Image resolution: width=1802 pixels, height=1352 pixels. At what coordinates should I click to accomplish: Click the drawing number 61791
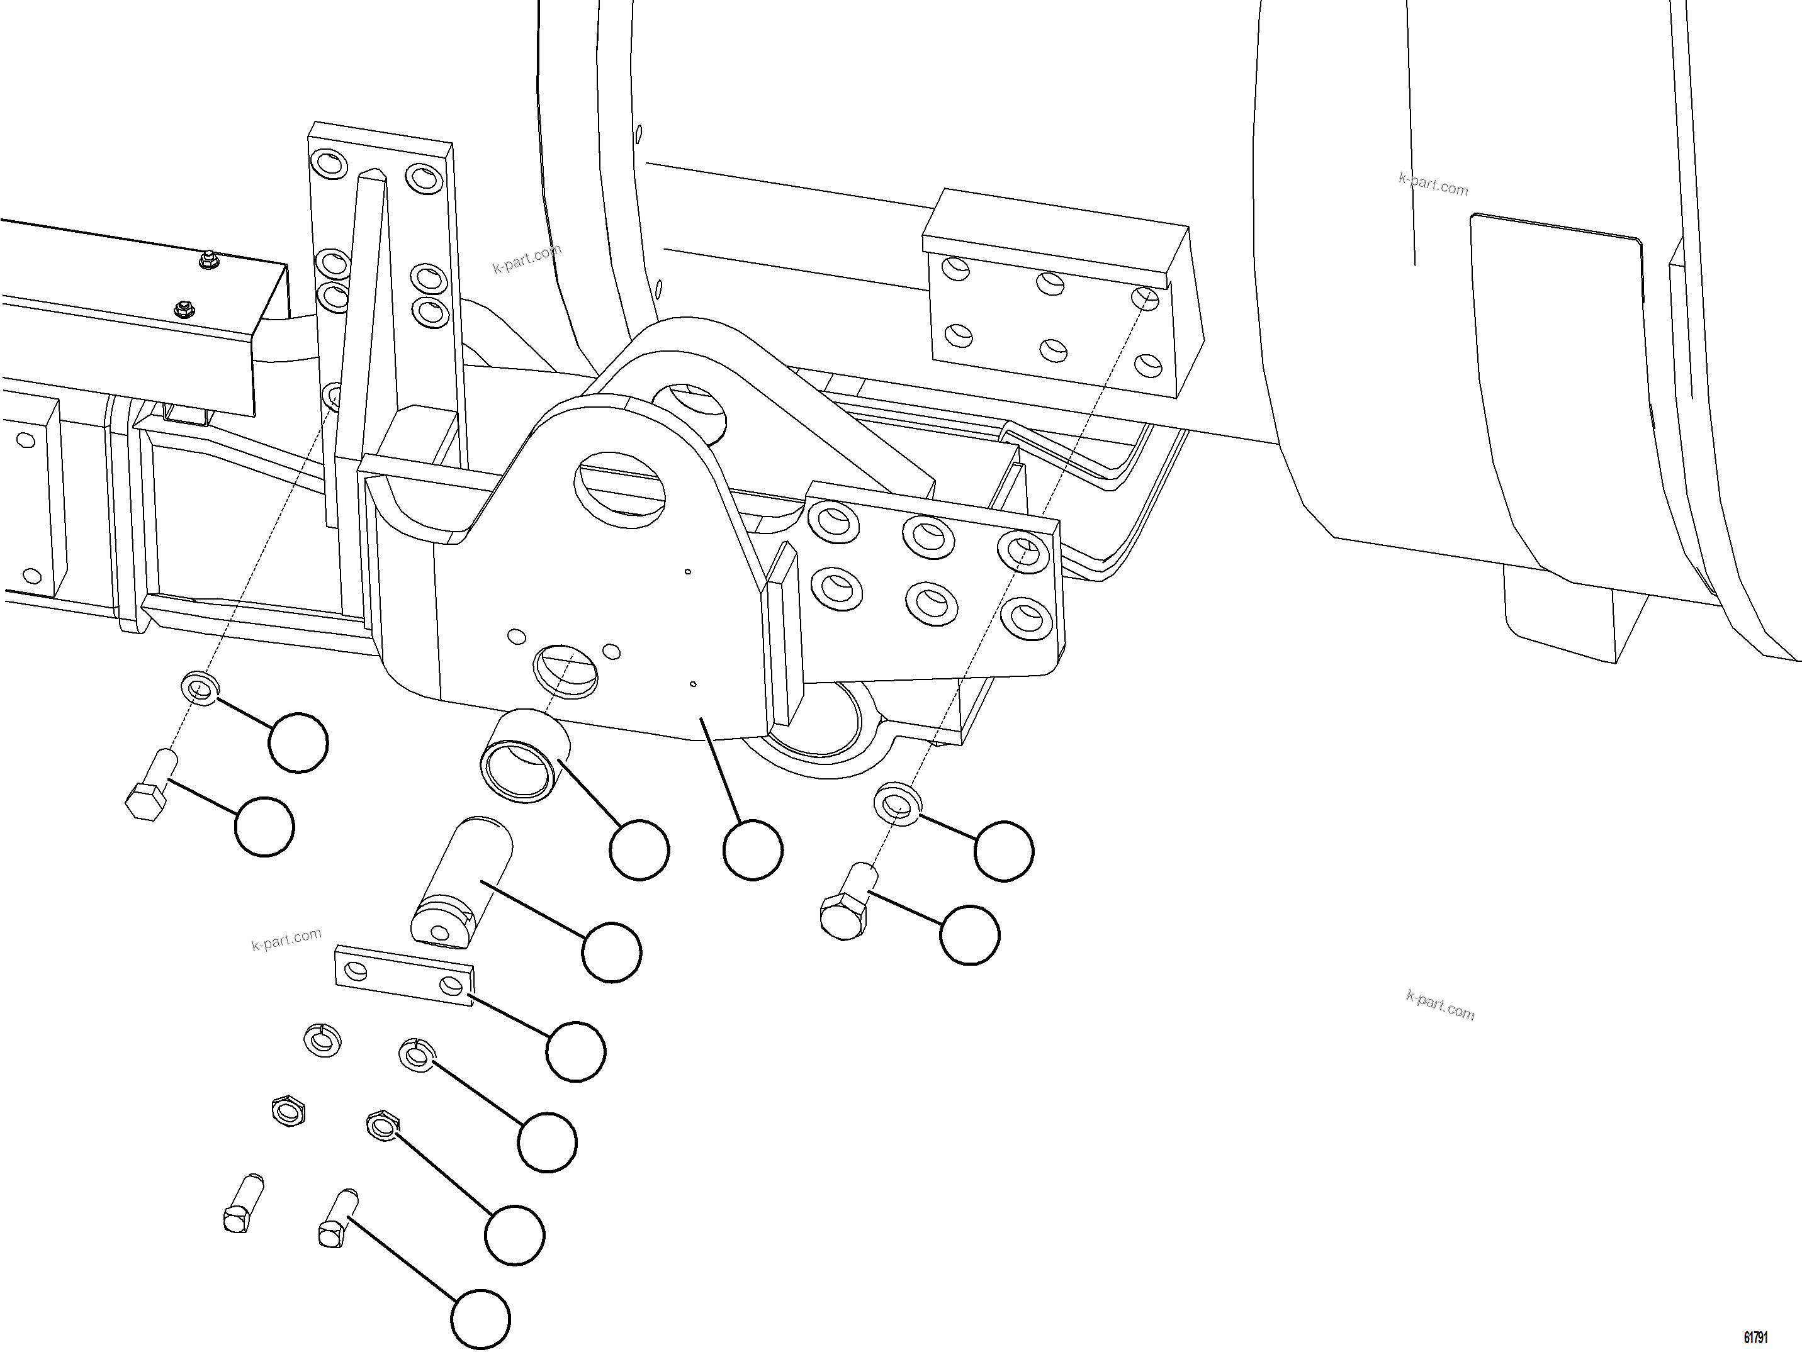pos(1755,1338)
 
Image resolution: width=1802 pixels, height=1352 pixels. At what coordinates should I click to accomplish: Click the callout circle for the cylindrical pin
pos(612,952)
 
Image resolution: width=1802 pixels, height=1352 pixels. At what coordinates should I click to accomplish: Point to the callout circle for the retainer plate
pos(576,1051)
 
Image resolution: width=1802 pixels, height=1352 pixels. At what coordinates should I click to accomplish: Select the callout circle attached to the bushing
pos(639,851)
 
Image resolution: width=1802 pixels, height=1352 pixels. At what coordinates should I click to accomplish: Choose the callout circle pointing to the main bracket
pos(753,851)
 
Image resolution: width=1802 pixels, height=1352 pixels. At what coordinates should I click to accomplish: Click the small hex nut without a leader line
pos(288,1111)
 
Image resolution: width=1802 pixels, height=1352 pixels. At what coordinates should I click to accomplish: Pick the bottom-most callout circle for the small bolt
pos(481,1319)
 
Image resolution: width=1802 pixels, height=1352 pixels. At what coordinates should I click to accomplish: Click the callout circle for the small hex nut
pos(514,1236)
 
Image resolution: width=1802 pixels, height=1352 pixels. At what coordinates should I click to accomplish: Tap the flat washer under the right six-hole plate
pos(898,804)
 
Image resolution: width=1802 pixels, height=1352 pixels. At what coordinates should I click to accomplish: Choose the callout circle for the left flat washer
pos(298,742)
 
